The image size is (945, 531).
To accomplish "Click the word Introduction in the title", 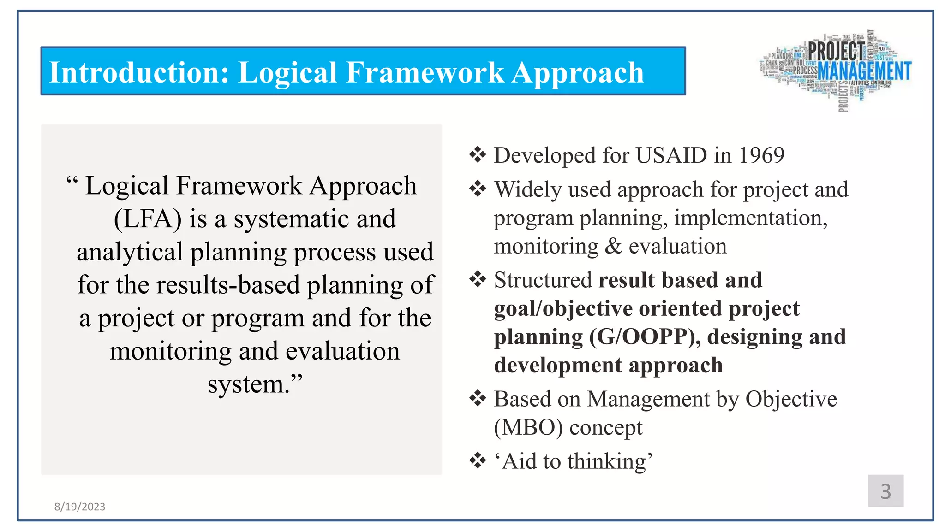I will pyautogui.click(x=138, y=73).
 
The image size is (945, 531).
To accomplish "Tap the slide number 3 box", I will pyautogui.click(x=885, y=491).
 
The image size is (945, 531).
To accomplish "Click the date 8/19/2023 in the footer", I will pyautogui.click(x=80, y=507).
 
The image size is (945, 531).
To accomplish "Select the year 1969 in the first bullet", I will pyautogui.click(x=761, y=155).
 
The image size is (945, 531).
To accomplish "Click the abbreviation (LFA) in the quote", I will pyautogui.click(x=148, y=219).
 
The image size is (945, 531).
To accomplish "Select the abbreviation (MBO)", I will pyautogui.click(x=528, y=428).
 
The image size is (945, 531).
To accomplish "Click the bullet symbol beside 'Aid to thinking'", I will pyautogui.click(x=478, y=460).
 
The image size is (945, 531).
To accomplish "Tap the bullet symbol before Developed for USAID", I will pyautogui.click(x=478, y=155).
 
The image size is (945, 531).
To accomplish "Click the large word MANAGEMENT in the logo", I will pyautogui.click(x=864, y=71).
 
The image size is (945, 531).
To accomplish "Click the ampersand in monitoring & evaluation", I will pyautogui.click(x=613, y=246).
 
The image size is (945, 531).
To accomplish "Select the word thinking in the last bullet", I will pyautogui.click(x=609, y=461).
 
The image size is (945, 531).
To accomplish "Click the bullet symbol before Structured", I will pyautogui.click(x=478, y=279).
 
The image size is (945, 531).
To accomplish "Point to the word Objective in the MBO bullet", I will pyautogui.click(x=791, y=399).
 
